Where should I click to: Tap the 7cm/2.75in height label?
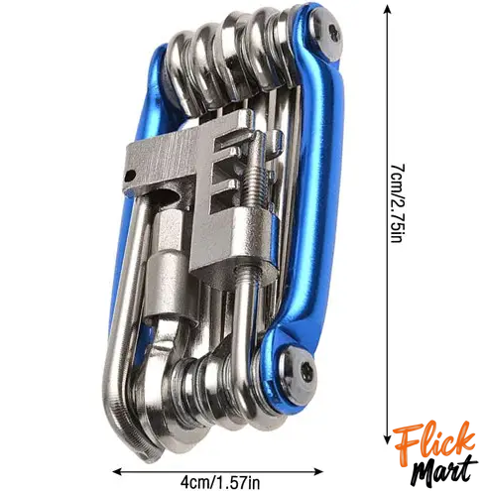[398, 203]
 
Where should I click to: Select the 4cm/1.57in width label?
[220, 483]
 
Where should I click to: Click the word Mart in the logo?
[443, 471]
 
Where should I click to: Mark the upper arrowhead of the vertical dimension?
[388, 10]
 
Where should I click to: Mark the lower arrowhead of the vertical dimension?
[388, 439]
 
